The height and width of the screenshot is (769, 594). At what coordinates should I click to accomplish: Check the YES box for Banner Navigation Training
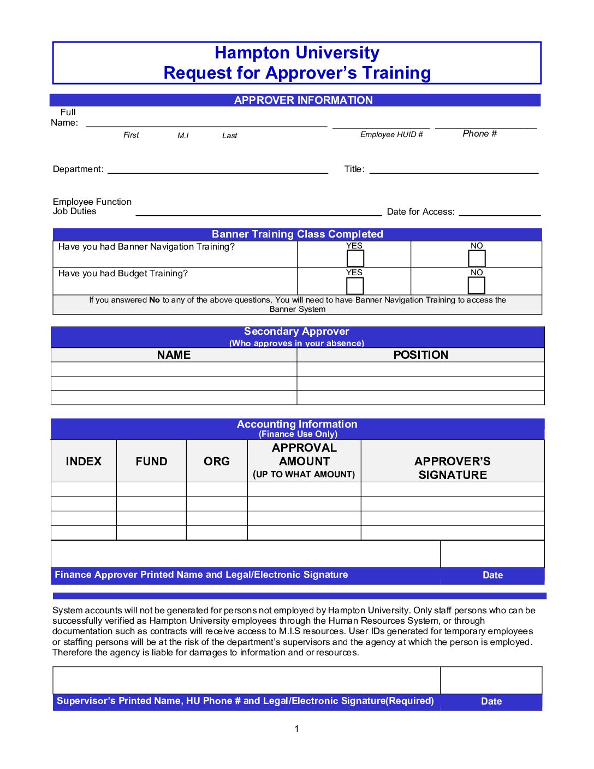[355, 258]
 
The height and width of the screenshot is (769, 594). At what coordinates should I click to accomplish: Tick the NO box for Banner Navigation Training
[477, 258]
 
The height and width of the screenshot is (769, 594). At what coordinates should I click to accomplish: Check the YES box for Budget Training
[355, 285]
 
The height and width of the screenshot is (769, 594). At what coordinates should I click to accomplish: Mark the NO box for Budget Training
[476, 285]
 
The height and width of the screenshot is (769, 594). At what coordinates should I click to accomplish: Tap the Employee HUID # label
[391, 135]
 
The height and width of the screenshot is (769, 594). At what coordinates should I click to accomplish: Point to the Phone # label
[479, 134]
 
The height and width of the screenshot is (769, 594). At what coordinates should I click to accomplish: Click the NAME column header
[174, 355]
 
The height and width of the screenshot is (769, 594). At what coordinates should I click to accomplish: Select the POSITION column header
[420, 355]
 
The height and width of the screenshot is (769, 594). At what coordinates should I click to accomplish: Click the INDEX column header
[84, 462]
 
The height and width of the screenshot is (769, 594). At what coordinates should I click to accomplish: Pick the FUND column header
[151, 462]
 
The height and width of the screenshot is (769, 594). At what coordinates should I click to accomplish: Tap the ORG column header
[217, 462]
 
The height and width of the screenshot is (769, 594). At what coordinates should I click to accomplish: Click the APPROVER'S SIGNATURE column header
[453, 468]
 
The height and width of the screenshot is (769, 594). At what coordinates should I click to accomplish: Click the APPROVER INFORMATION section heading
[303, 100]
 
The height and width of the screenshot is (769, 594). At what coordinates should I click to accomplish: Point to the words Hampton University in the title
[297, 53]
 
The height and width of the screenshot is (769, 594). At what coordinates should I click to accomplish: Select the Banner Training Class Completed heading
[298, 234]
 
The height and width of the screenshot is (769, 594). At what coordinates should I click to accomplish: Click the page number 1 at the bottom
[296, 729]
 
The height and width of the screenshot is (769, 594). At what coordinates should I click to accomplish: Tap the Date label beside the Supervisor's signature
[491, 702]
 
